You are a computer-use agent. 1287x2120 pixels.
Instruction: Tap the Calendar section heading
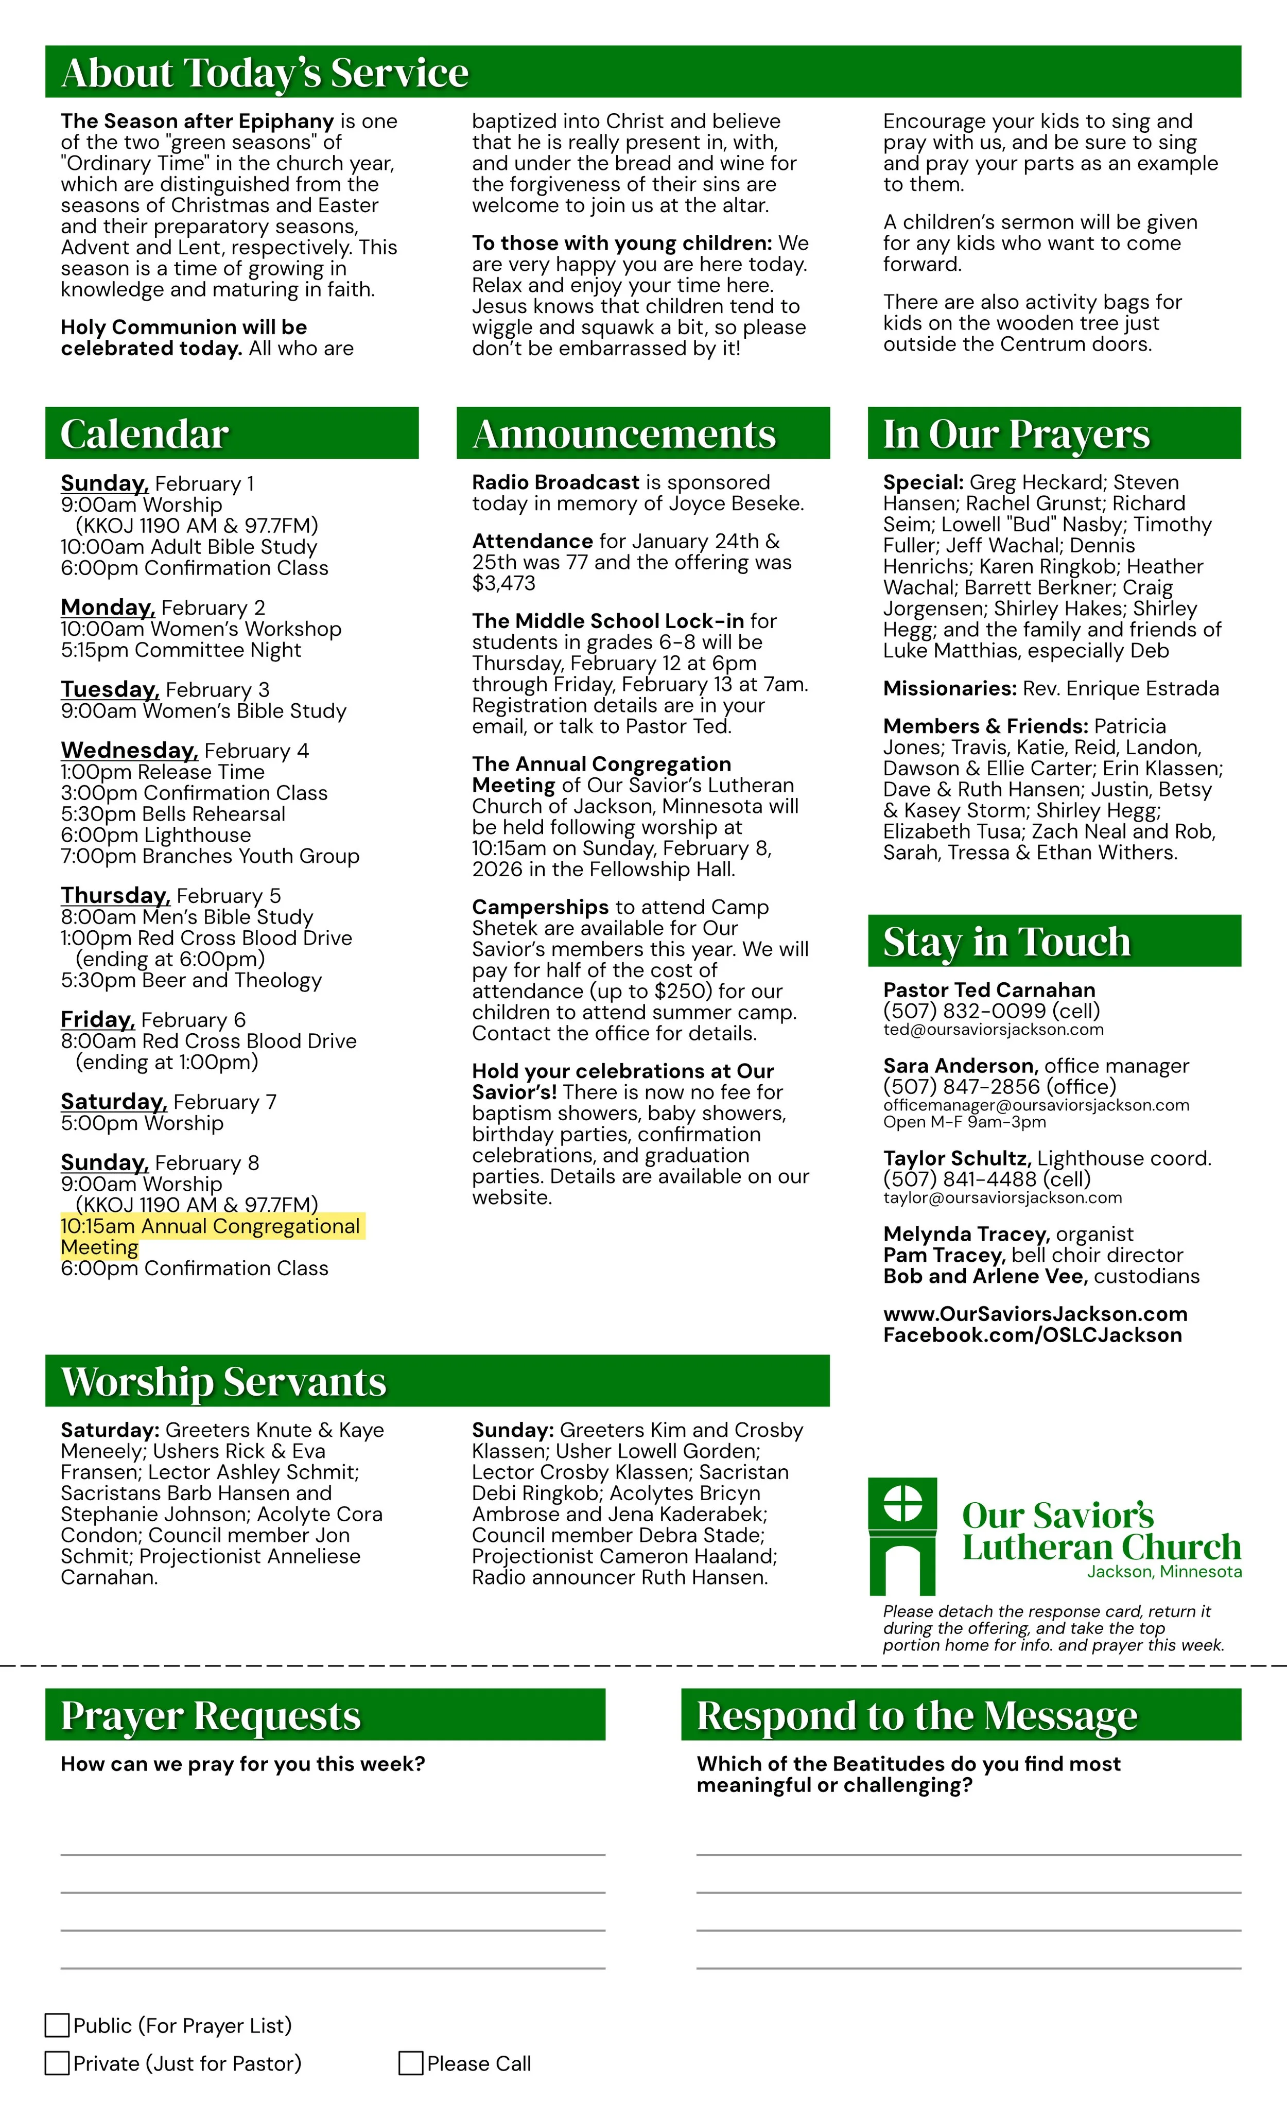tap(145, 433)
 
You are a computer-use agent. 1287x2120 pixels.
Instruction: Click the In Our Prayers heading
tap(1016, 433)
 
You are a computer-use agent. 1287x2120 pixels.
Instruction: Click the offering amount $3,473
tap(503, 583)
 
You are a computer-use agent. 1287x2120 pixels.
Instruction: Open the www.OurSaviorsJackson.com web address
tap(1035, 1314)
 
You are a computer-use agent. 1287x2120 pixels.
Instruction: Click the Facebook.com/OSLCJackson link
tap(1032, 1335)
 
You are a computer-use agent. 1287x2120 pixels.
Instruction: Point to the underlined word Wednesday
tap(129, 750)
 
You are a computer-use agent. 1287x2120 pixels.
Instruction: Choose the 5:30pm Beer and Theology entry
tap(191, 980)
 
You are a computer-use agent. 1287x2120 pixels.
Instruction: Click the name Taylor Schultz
tap(956, 1158)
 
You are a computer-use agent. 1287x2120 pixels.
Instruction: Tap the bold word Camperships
tap(540, 907)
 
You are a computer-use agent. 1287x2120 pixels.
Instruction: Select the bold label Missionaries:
tap(950, 688)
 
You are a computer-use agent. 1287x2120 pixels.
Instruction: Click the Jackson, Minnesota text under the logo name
tap(1164, 1572)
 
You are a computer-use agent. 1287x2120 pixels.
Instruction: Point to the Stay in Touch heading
tap(1006, 941)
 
